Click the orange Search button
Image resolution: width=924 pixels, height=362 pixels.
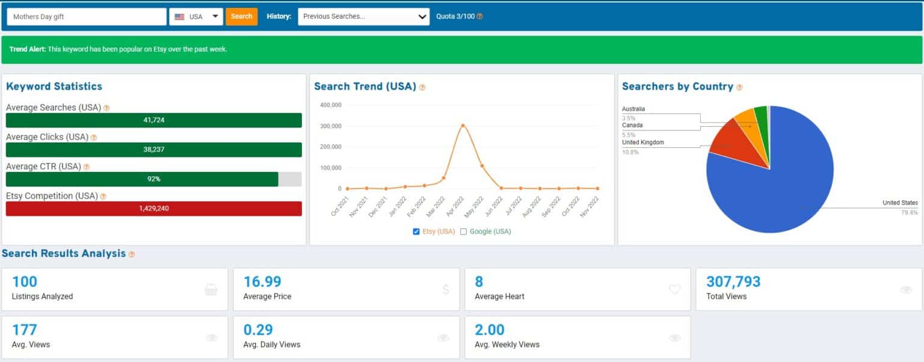(x=241, y=16)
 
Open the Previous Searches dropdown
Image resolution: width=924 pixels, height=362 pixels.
(x=363, y=16)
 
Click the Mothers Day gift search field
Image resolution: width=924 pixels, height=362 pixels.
(x=87, y=16)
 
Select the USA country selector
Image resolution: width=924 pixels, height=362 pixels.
(x=196, y=16)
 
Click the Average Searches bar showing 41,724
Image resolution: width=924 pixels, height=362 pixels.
(x=154, y=120)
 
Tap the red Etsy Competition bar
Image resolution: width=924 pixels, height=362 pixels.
(x=154, y=208)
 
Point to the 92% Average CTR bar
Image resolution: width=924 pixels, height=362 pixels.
(x=142, y=179)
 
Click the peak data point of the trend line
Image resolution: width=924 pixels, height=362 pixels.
(x=463, y=125)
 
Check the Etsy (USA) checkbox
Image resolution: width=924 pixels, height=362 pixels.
(x=416, y=232)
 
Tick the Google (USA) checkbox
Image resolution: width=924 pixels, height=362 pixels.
(x=464, y=232)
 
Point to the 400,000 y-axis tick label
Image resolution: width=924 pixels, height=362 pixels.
(x=331, y=105)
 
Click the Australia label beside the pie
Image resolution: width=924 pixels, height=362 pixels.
(x=633, y=109)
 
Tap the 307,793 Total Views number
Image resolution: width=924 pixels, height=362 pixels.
(x=733, y=281)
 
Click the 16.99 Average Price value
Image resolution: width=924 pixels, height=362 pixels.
(x=262, y=281)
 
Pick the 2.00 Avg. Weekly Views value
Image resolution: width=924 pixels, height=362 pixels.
(x=490, y=330)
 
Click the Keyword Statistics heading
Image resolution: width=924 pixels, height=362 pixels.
(x=54, y=86)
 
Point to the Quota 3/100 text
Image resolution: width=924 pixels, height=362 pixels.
(x=455, y=16)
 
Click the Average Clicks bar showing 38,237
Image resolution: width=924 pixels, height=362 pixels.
(x=154, y=150)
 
